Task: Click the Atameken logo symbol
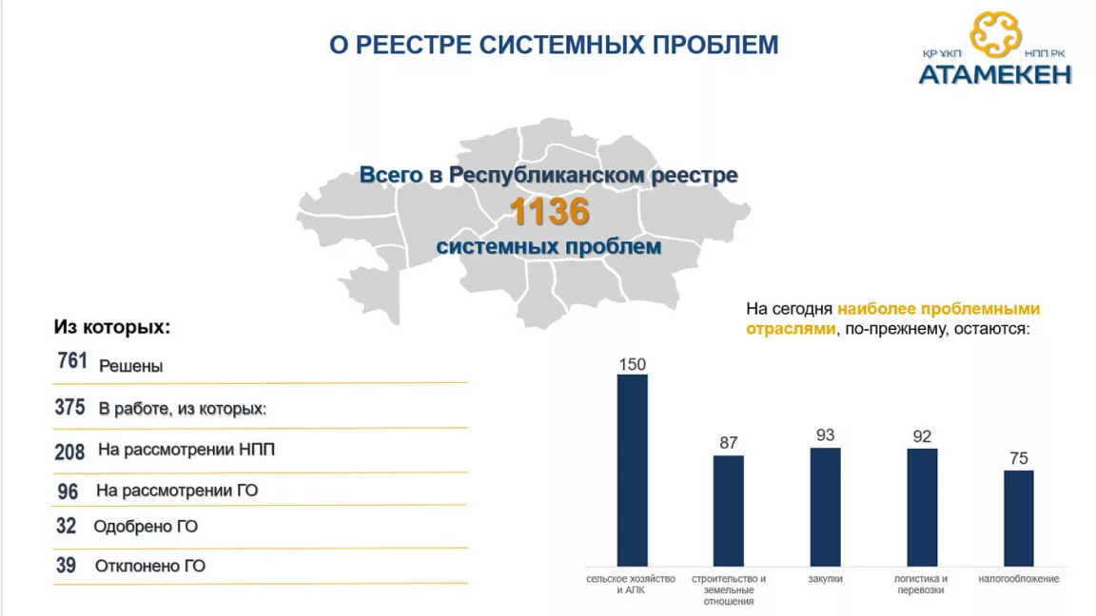pyautogui.click(x=995, y=34)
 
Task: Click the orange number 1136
pyautogui.click(x=549, y=212)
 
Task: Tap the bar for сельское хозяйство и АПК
pyautogui.click(x=632, y=470)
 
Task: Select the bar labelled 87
pyautogui.click(x=729, y=510)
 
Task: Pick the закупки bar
pyautogui.click(x=825, y=507)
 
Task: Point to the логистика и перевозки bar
pyautogui.click(x=922, y=507)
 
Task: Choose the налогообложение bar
pyautogui.click(x=1018, y=518)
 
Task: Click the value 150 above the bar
pyautogui.click(x=632, y=365)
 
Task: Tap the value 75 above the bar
pyautogui.click(x=1018, y=458)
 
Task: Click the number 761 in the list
pyautogui.click(x=72, y=360)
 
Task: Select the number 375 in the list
pyautogui.click(x=69, y=407)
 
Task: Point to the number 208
pyautogui.click(x=69, y=452)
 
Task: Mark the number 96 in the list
pyautogui.click(x=68, y=491)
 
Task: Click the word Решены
pyautogui.click(x=130, y=366)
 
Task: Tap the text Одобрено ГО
pyautogui.click(x=146, y=527)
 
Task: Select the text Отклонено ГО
pyautogui.click(x=150, y=566)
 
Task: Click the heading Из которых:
pyautogui.click(x=112, y=327)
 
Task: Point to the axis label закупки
pyautogui.click(x=825, y=579)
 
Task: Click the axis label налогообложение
pyautogui.click(x=1018, y=579)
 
